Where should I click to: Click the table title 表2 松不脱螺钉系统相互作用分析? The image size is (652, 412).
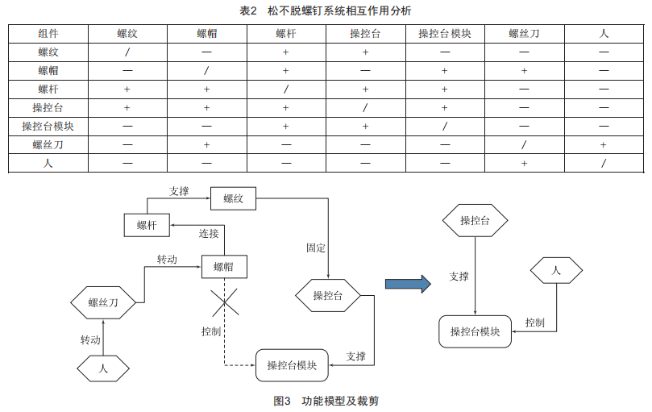point(326,10)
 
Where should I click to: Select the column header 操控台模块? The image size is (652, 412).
point(444,34)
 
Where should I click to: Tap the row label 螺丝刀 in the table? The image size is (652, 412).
point(48,145)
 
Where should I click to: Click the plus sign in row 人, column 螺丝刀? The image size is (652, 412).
point(524,164)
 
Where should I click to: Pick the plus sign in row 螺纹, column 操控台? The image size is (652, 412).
point(365,52)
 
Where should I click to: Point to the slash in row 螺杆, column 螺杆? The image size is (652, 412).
point(286,89)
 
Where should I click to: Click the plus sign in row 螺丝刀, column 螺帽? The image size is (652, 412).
point(207,145)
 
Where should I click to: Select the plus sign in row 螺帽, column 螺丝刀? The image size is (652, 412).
point(524,71)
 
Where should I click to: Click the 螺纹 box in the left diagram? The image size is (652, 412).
point(233,198)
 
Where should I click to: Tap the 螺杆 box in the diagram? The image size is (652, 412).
point(147,225)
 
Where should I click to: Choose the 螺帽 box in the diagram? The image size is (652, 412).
point(223,266)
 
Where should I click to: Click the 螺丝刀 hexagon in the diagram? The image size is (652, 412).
point(103,302)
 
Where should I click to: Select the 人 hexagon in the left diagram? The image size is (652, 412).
point(103,368)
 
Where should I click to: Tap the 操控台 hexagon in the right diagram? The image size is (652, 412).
point(475,220)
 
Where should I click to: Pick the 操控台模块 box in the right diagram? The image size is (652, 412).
point(475,331)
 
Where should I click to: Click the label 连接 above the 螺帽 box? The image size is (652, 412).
point(209,234)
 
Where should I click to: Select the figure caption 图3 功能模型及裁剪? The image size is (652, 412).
point(326,401)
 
